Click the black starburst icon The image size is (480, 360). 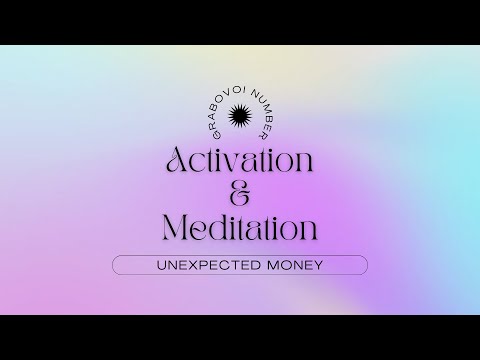tap(239, 118)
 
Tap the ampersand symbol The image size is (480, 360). tap(239, 193)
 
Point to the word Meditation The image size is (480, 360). tap(240, 227)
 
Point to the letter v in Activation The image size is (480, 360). tap(240, 161)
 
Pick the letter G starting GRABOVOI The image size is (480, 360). tap(205, 132)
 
